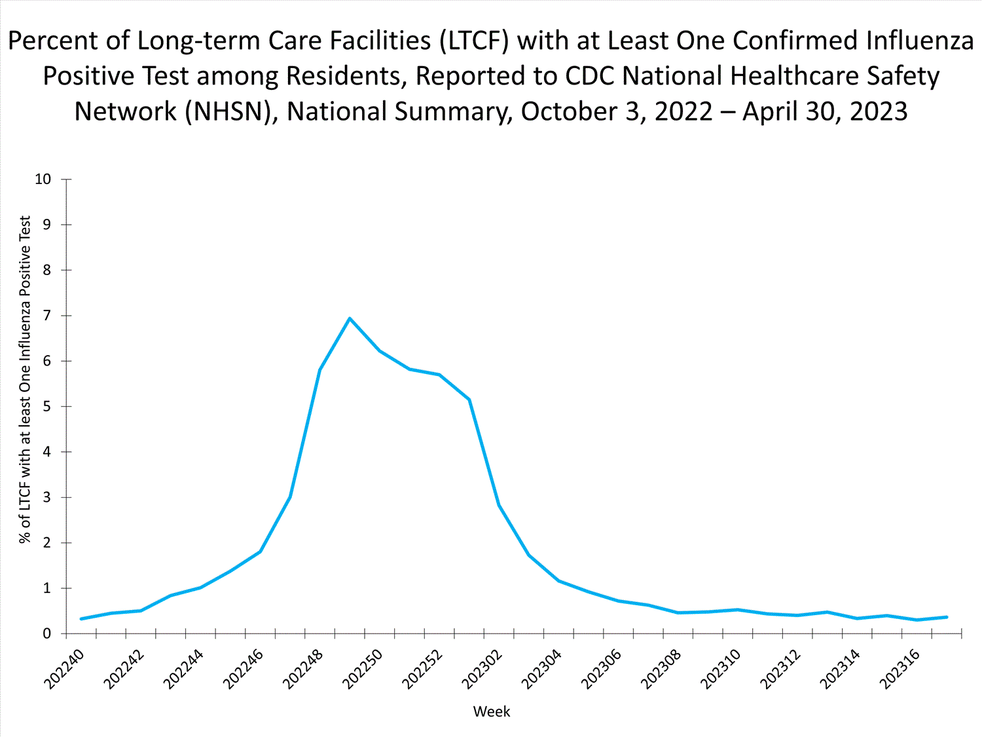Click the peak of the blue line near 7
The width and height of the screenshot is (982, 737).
(x=350, y=318)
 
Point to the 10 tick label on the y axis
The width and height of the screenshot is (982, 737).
(x=43, y=180)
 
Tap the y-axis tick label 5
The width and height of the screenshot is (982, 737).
(x=46, y=407)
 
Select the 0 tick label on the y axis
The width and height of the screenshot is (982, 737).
(x=46, y=634)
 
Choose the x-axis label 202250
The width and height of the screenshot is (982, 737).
(x=363, y=669)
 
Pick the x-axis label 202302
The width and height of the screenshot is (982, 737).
(x=482, y=669)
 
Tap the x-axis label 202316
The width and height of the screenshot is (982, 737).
(x=900, y=669)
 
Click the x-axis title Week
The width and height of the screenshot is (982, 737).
(x=491, y=711)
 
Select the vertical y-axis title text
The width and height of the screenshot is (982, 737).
(x=25, y=380)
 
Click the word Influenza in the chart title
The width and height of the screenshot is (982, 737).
(x=920, y=41)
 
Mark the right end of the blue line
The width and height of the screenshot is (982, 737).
(x=947, y=617)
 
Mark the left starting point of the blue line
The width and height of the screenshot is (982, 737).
(x=81, y=618)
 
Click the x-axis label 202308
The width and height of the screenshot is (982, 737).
(x=661, y=669)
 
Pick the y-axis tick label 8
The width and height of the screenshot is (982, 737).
(x=46, y=271)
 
